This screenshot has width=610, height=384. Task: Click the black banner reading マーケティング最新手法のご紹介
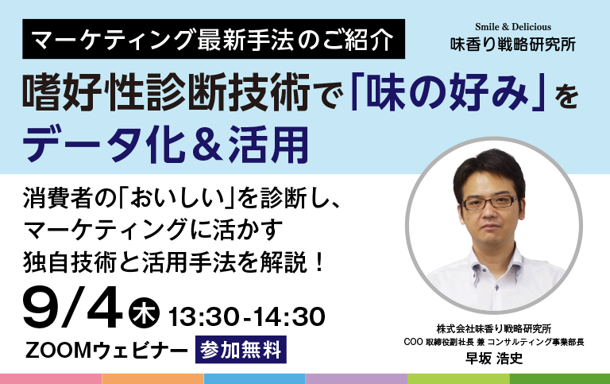pyautogui.click(x=214, y=39)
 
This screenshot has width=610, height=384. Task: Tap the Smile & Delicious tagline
pyautogui.click(x=513, y=27)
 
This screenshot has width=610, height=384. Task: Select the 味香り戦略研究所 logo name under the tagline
pyautogui.click(x=513, y=44)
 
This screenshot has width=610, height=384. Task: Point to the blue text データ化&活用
pyautogui.click(x=166, y=144)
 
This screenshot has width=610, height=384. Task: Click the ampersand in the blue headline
pyautogui.click(x=207, y=145)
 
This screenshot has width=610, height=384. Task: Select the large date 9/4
pyautogui.click(x=73, y=308)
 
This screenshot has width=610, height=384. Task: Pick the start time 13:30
pyautogui.click(x=203, y=316)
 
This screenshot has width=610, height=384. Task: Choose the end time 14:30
pyautogui.click(x=289, y=316)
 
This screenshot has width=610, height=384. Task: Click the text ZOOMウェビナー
pyautogui.click(x=106, y=350)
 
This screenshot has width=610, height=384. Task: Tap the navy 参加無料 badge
pyautogui.click(x=241, y=349)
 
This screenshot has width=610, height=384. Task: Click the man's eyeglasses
pyautogui.click(x=490, y=203)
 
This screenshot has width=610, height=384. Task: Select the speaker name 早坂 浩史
pyautogui.click(x=494, y=358)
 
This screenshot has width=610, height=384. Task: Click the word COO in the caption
pyautogui.click(x=413, y=342)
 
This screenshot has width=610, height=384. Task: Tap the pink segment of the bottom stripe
pyautogui.click(x=51, y=379)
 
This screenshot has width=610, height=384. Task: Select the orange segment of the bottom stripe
pyautogui.click(x=152, y=379)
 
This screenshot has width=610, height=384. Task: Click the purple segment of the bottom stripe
pyautogui.click(x=357, y=379)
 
